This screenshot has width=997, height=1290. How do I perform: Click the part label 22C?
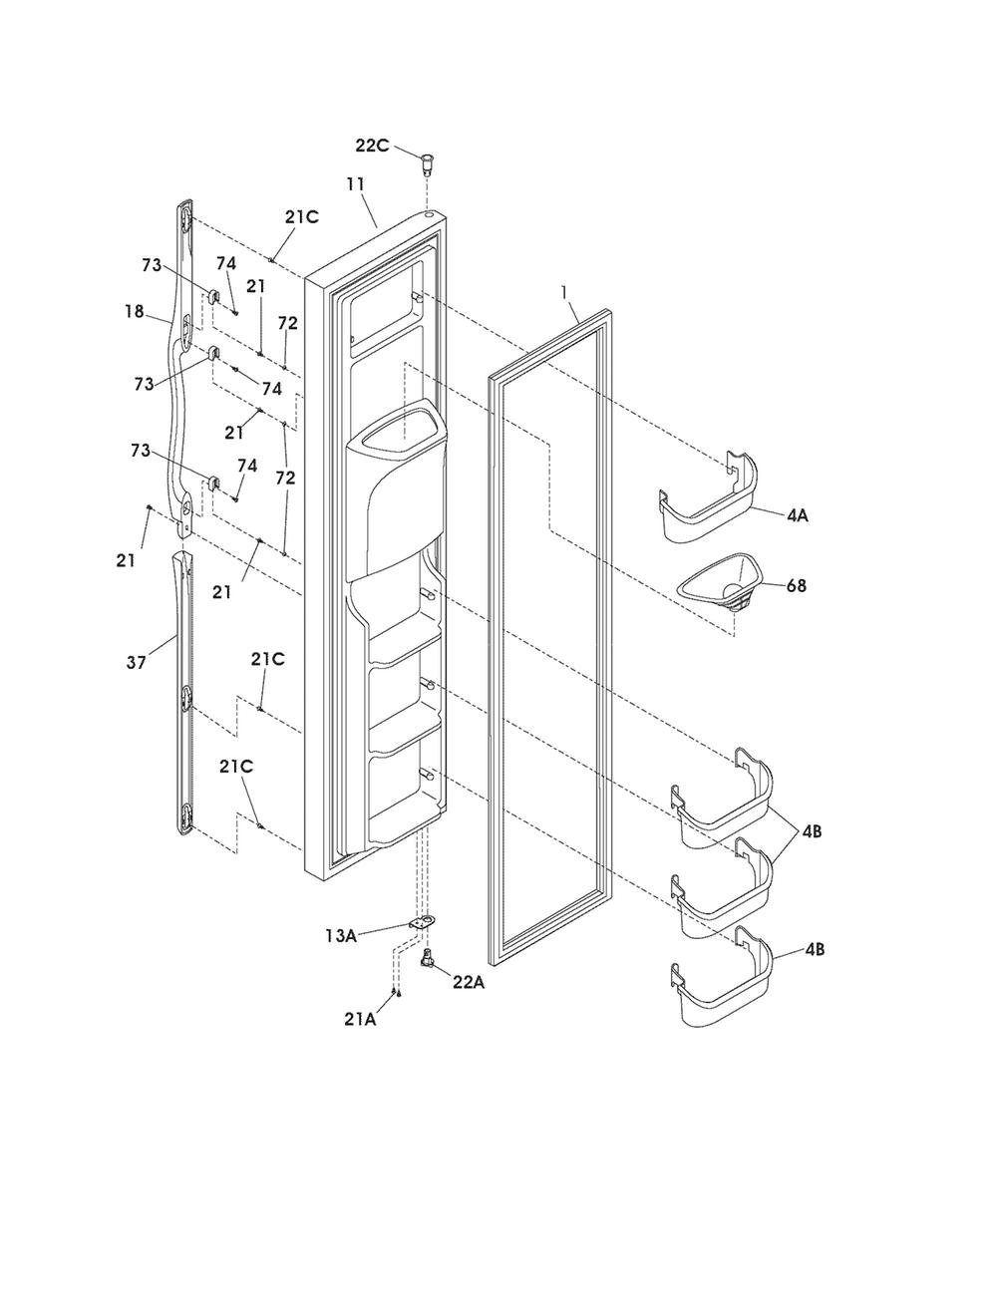point(372,146)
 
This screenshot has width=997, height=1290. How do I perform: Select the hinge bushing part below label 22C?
point(426,162)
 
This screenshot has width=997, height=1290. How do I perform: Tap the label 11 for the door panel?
point(355,184)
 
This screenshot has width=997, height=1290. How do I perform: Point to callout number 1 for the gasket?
point(563,293)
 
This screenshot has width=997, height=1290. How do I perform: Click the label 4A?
point(798,515)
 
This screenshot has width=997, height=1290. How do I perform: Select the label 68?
point(796,585)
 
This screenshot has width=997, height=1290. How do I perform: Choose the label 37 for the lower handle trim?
point(136,663)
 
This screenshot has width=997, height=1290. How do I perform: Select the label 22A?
point(469,983)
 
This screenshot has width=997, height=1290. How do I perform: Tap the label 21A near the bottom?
point(360,1019)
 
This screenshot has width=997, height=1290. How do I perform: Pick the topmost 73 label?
point(152,265)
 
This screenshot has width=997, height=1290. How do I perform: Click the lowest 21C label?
point(235,767)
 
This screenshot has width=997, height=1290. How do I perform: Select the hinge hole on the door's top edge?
point(430,217)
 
